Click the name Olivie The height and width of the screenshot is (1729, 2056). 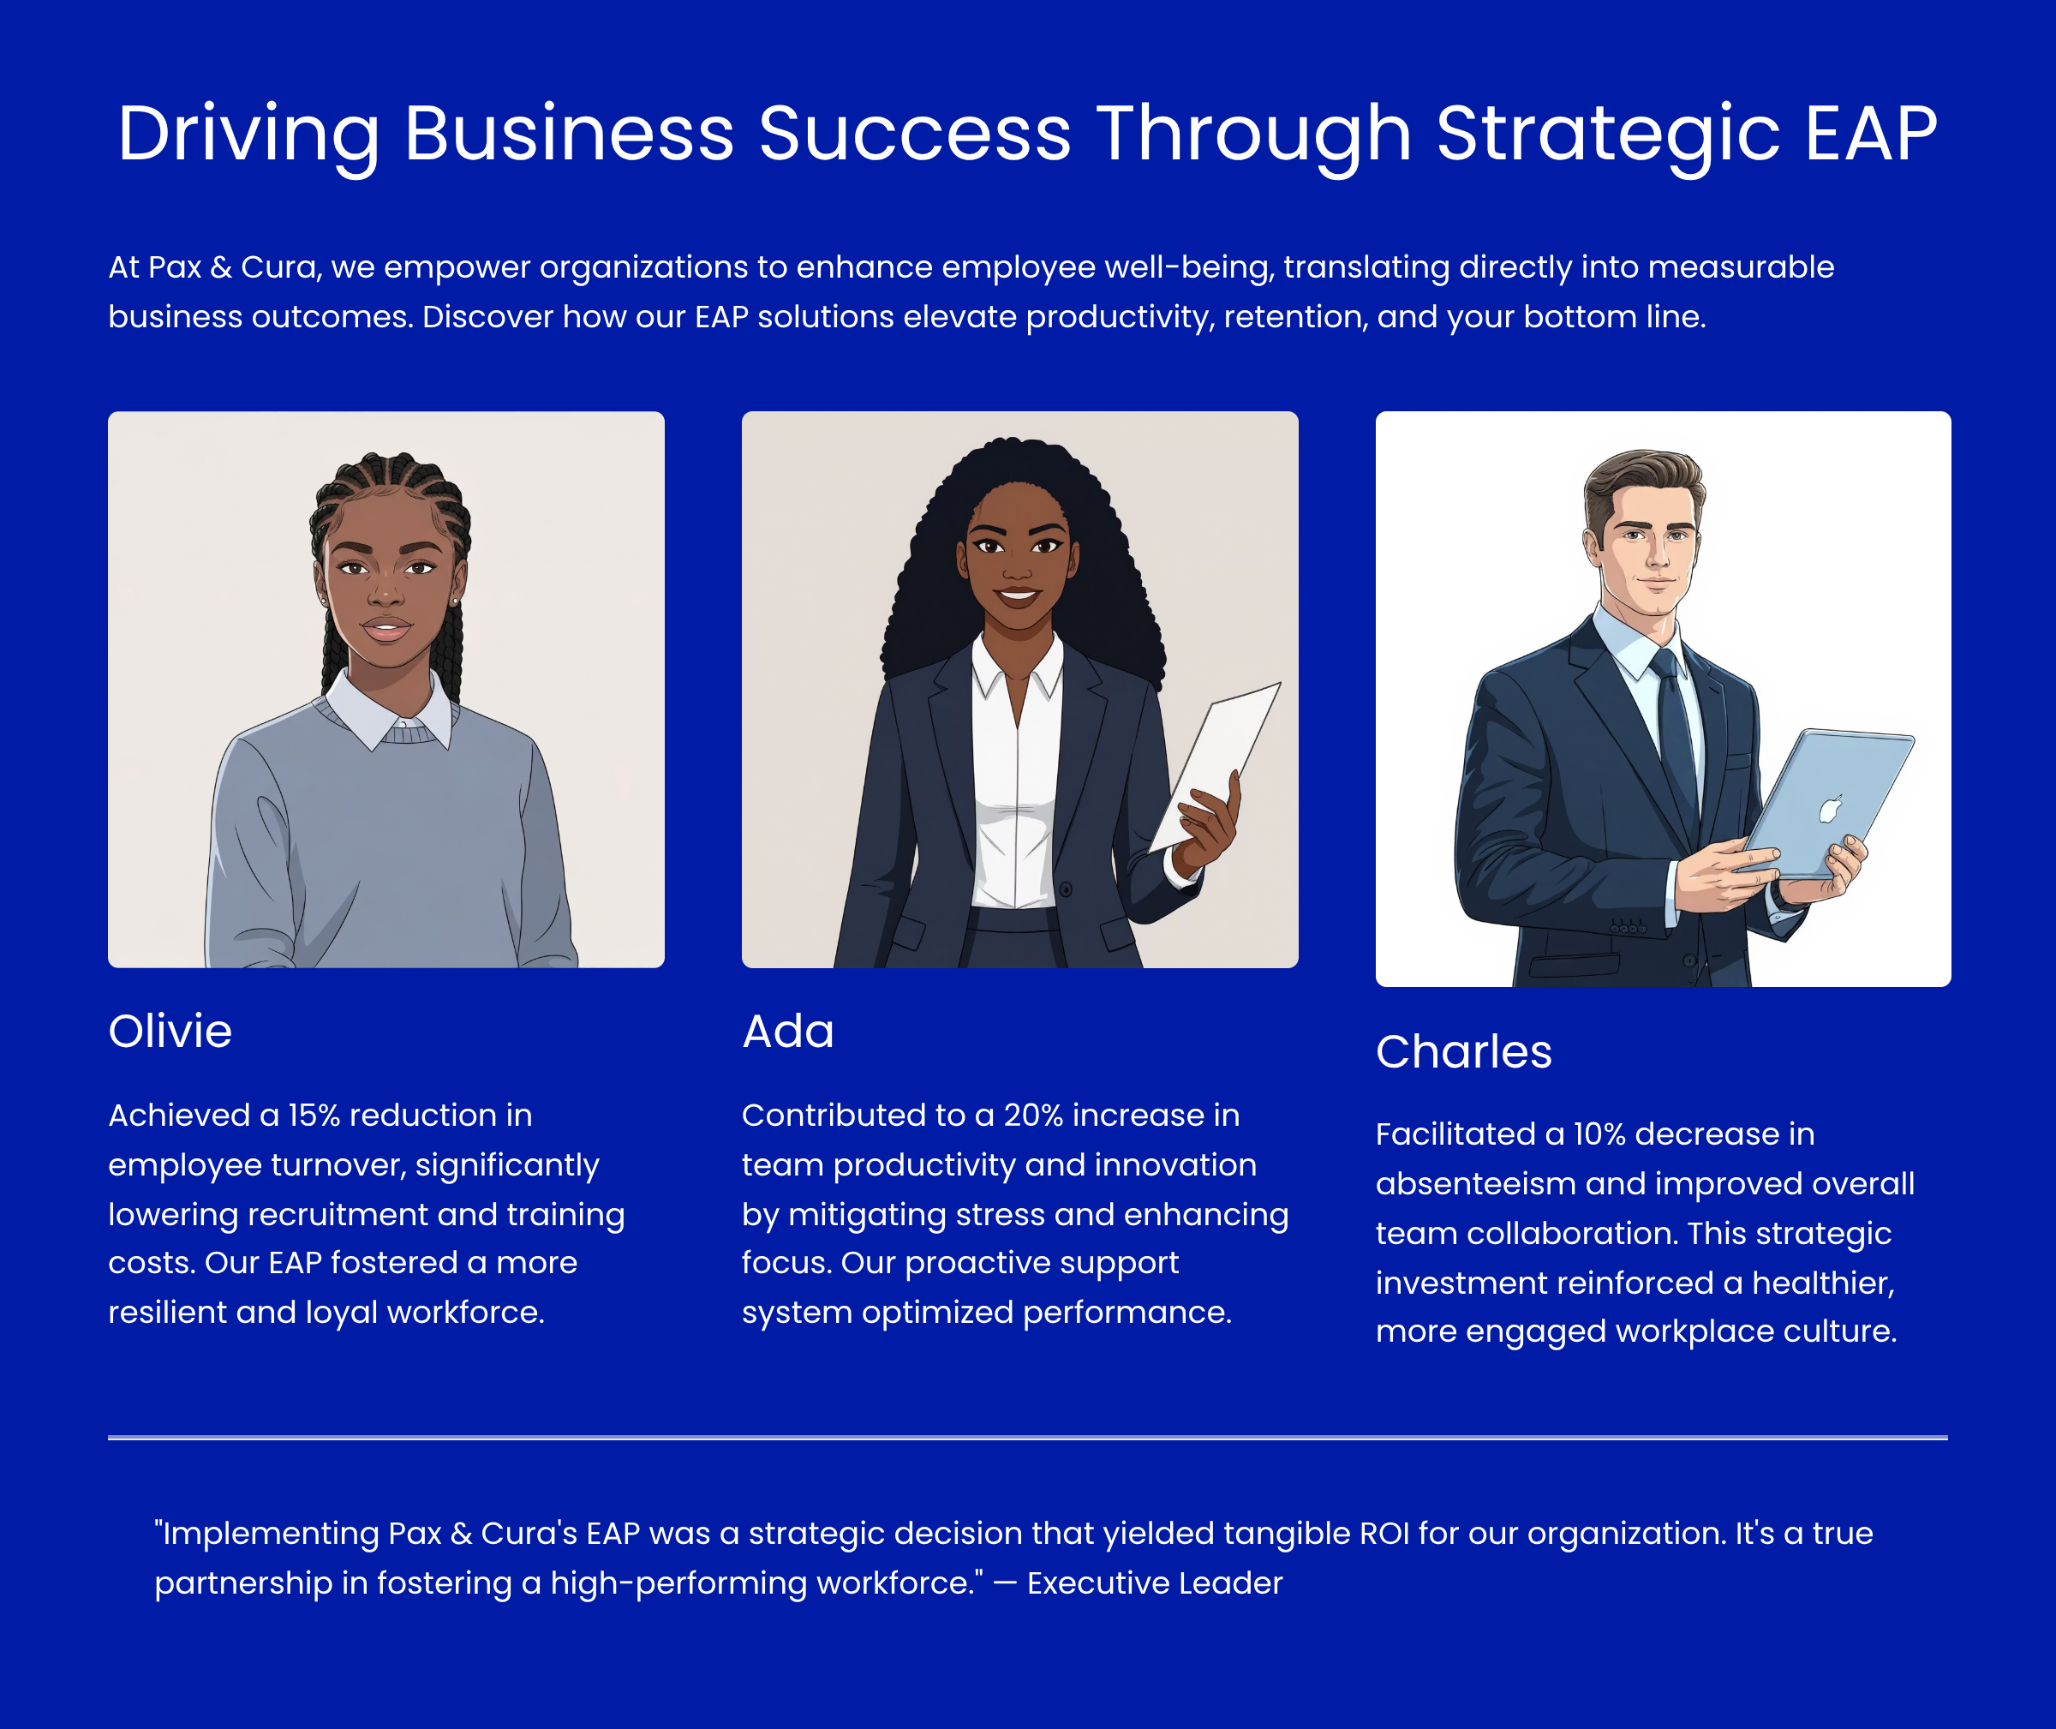(170, 1031)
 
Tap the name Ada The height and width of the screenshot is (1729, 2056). (788, 1031)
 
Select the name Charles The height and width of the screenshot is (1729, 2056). (1463, 1052)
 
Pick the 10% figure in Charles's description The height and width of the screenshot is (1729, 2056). (1599, 1134)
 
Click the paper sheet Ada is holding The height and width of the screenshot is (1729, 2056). (1215, 764)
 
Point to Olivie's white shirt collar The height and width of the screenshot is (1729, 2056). (387, 708)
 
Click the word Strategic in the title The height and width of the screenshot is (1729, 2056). (1608, 135)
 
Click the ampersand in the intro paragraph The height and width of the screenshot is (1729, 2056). (220, 266)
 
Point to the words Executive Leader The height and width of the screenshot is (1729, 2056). (1155, 1583)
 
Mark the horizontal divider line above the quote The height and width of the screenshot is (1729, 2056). (1028, 1438)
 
